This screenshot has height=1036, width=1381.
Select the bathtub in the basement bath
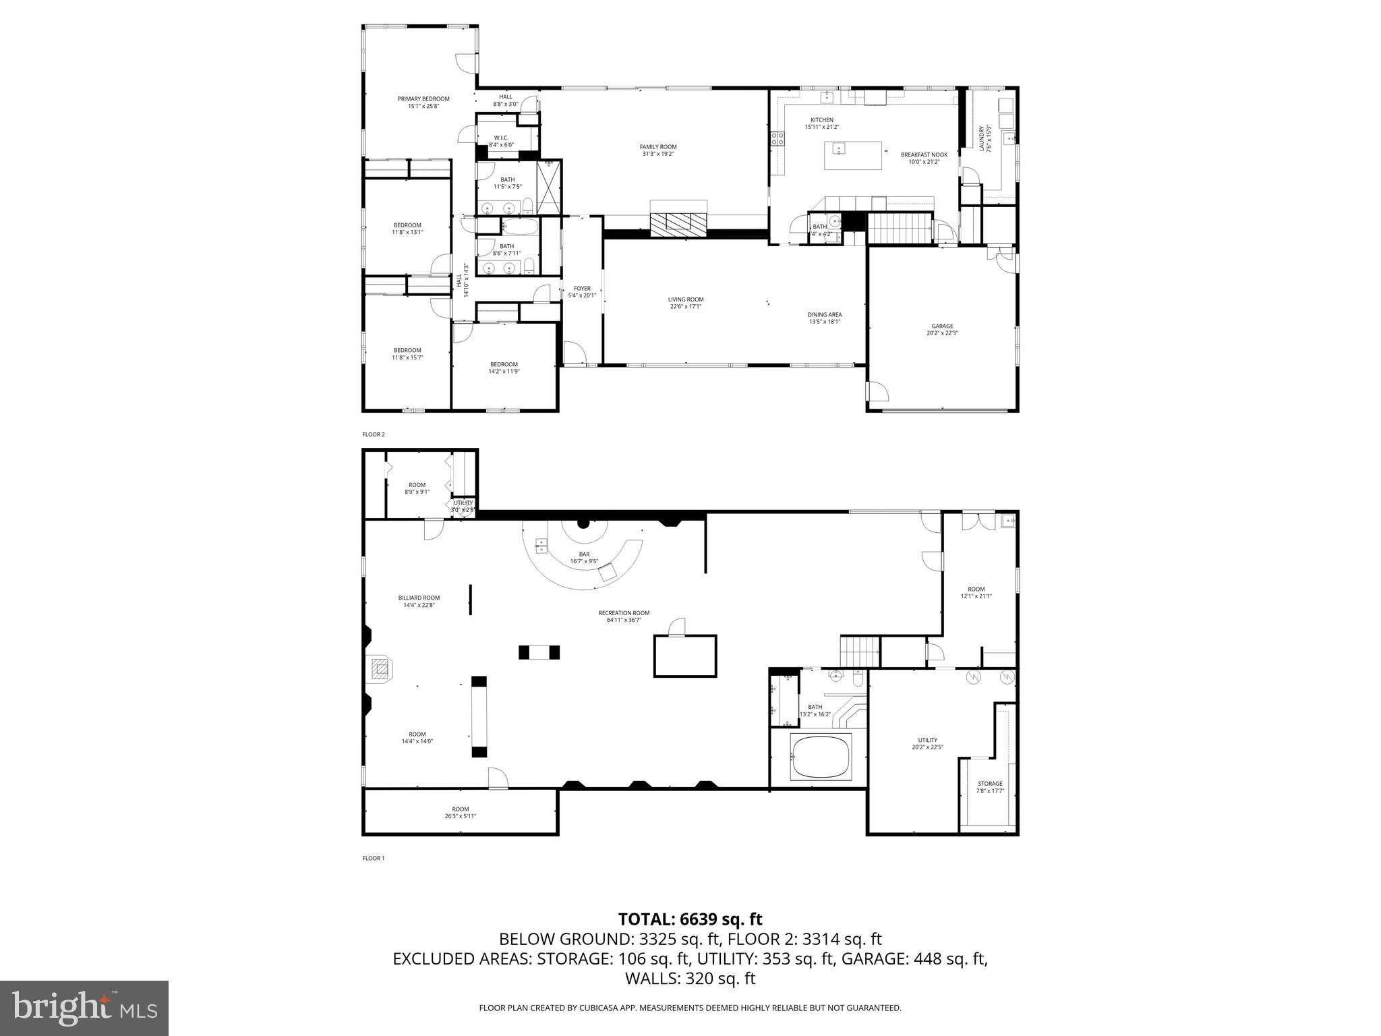(x=822, y=757)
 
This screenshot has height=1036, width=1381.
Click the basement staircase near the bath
(x=859, y=652)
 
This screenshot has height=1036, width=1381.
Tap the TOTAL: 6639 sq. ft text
(x=690, y=919)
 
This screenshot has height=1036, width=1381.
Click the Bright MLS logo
(x=84, y=1008)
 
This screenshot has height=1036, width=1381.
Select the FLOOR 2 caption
(x=373, y=434)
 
